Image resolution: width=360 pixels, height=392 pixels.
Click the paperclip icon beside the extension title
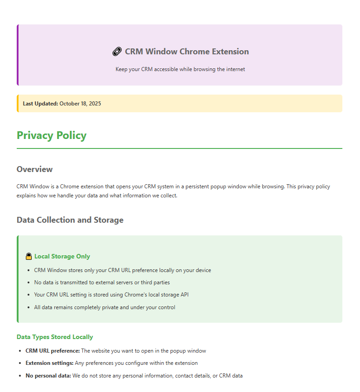(x=117, y=52)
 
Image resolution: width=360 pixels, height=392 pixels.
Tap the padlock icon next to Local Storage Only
(x=29, y=257)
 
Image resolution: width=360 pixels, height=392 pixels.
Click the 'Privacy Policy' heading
(x=52, y=135)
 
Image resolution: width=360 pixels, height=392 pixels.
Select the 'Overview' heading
(x=34, y=169)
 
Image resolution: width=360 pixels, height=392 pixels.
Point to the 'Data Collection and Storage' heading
(x=70, y=220)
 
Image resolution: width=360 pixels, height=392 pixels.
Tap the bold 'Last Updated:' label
(x=40, y=104)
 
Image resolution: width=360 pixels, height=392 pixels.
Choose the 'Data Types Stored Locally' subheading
(x=55, y=337)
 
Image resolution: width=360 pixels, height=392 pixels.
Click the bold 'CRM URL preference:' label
(x=52, y=351)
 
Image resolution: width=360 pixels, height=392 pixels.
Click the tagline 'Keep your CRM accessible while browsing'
(x=180, y=69)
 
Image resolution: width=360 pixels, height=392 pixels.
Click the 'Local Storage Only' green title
(x=62, y=257)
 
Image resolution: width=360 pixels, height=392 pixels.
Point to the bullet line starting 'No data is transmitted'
(x=102, y=282)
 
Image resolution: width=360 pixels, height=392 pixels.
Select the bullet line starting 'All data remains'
(x=104, y=307)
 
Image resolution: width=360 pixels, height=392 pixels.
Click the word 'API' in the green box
(x=184, y=295)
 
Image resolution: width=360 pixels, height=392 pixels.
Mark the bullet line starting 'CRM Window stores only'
(x=122, y=270)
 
